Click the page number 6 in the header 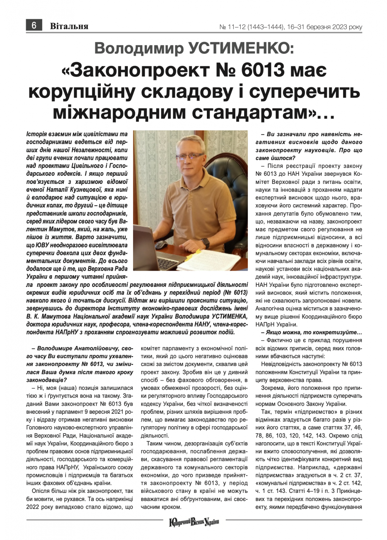(34, 26)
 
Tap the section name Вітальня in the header (69, 26)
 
